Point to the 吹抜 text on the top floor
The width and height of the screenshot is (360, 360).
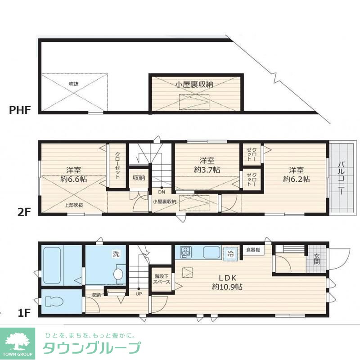[73, 84]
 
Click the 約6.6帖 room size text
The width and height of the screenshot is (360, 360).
[74, 179]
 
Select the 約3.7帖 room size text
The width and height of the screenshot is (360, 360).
[207, 170]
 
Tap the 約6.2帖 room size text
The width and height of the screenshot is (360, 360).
[296, 179]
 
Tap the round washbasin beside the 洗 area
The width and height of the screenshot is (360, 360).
[119, 274]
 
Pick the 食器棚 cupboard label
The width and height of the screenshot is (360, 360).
[252, 250]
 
